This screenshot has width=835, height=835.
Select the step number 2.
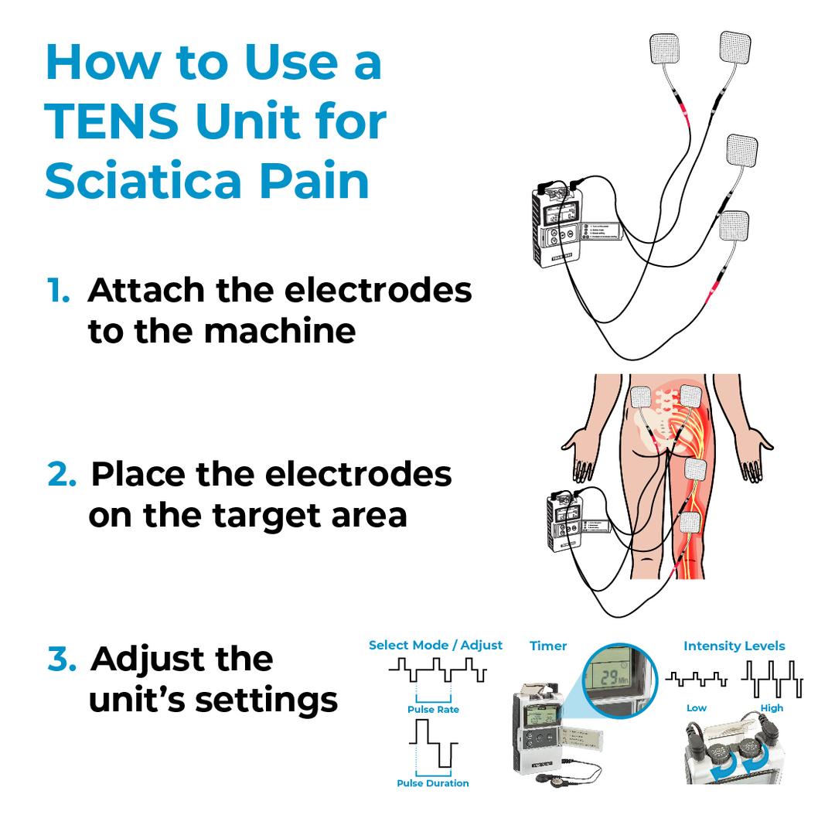[x=61, y=474]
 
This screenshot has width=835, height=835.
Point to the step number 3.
[x=61, y=659]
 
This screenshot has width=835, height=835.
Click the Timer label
[x=548, y=646]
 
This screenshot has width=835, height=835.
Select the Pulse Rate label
[x=433, y=710]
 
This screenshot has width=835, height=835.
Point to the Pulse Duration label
[x=433, y=783]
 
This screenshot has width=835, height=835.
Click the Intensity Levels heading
[x=734, y=646]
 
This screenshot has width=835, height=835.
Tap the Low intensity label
[x=696, y=708]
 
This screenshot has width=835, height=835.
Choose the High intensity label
[x=772, y=708]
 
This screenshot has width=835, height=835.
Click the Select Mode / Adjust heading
[x=435, y=645]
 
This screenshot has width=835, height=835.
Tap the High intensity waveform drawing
[x=772, y=679]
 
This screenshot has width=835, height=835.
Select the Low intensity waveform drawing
[x=696, y=680]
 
